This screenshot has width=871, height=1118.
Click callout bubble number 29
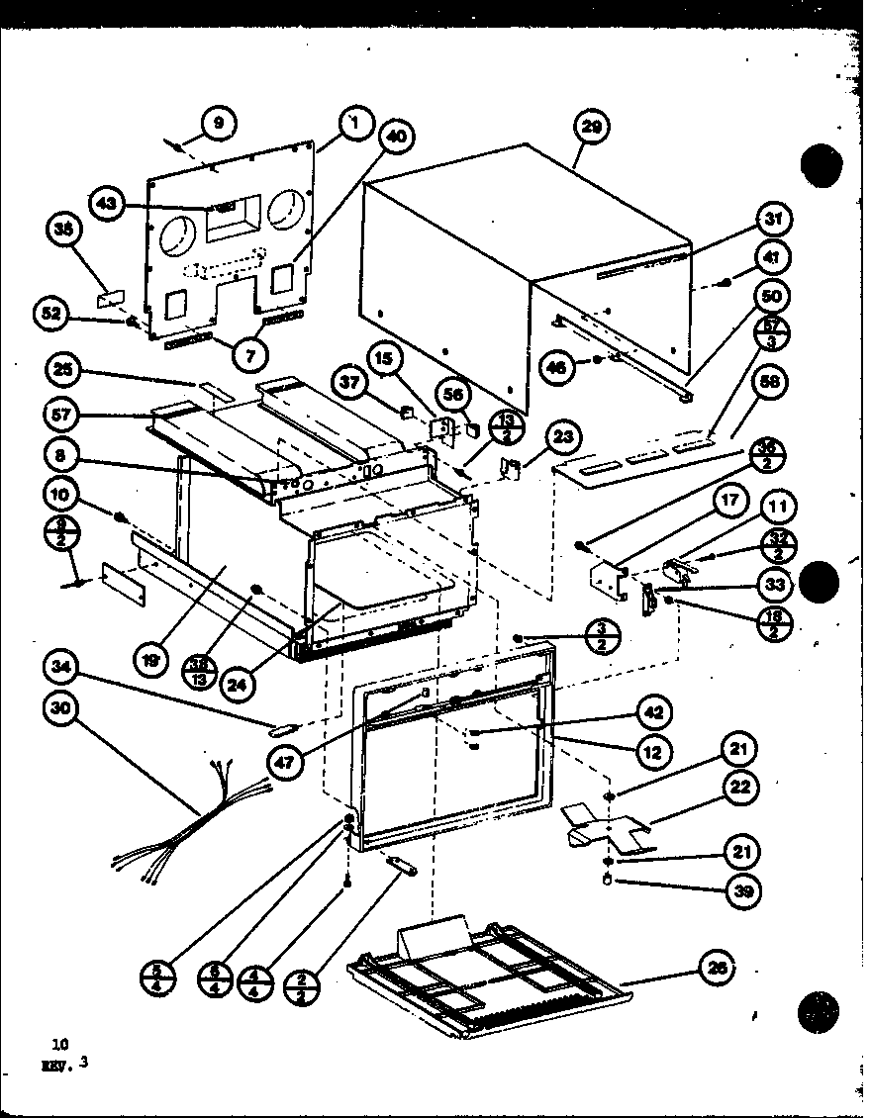[592, 127]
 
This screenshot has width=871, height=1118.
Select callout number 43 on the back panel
[106, 204]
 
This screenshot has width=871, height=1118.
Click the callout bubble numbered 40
[396, 138]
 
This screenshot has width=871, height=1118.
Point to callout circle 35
[64, 232]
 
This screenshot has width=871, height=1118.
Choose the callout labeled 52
[52, 314]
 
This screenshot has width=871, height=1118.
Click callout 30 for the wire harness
[64, 707]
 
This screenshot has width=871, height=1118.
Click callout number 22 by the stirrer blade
[741, 788]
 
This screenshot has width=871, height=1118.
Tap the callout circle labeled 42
[655, 711]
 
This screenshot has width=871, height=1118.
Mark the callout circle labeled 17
[728, 501]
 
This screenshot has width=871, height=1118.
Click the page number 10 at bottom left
[60, 1043]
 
